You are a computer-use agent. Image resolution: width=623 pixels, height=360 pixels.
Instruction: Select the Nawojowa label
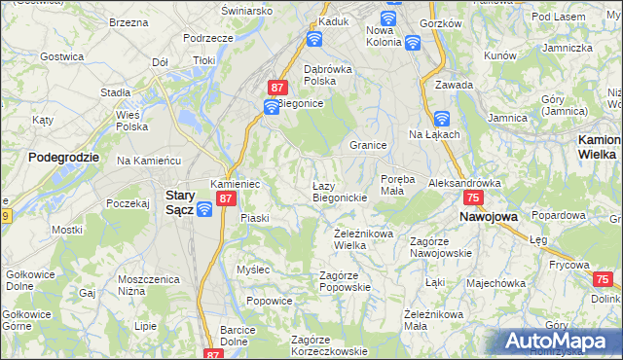(x=488, y=216)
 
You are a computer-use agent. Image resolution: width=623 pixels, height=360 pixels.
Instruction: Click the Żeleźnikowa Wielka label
(x=363, y=238)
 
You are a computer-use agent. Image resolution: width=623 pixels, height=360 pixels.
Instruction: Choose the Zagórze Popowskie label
(x=346, y=281)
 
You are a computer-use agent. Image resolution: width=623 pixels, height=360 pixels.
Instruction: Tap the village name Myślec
(x=252, y=269)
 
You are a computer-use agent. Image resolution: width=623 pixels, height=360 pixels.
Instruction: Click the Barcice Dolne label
(x=238, y=335)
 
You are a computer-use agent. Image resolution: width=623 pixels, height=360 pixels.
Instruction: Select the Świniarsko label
(x=246, y=10)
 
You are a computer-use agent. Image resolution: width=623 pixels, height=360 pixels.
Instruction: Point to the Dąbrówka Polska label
(x=319, y=75)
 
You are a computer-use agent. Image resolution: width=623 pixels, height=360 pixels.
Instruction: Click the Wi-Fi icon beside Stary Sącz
(x=204, y=208)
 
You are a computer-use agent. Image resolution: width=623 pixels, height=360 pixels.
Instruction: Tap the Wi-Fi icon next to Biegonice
(x=272, y=106)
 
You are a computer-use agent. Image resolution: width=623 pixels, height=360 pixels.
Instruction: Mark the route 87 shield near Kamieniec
(x=226, y=198)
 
